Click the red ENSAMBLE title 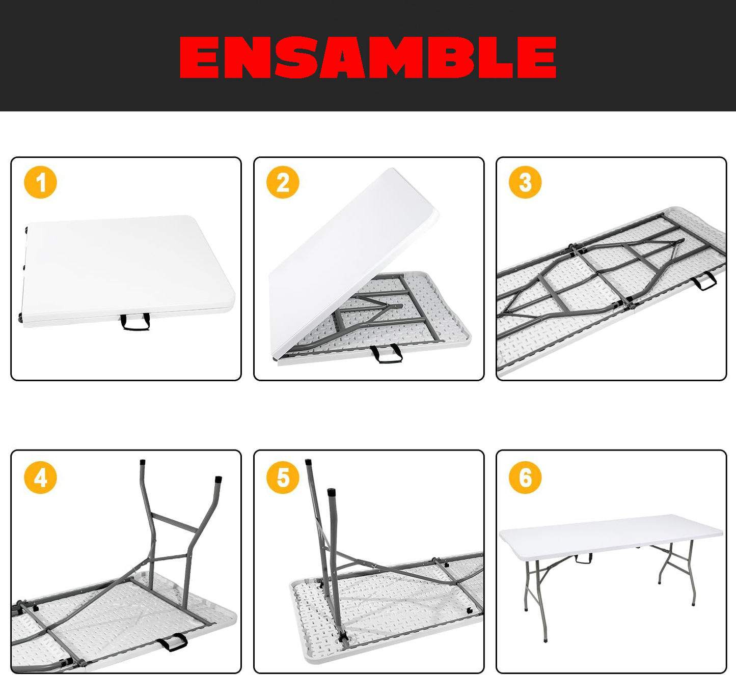(368, 57)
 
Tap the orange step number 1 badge (41, 182)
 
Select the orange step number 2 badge (283, 182)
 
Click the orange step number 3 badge (525, 182)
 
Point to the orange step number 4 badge (41, 477)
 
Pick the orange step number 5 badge (283, 477)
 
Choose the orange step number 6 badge (525, 477)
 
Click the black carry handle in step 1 (135, 323)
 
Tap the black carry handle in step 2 (387, 353)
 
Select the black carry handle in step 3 (704, 281)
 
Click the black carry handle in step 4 (172, 642)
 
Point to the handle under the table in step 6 (584, 558)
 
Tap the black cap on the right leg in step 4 (219, 479)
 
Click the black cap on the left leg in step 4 (142, 463)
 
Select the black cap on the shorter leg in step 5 (332, 492)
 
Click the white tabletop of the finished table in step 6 (611, 535)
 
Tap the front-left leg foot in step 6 (546, 639)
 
